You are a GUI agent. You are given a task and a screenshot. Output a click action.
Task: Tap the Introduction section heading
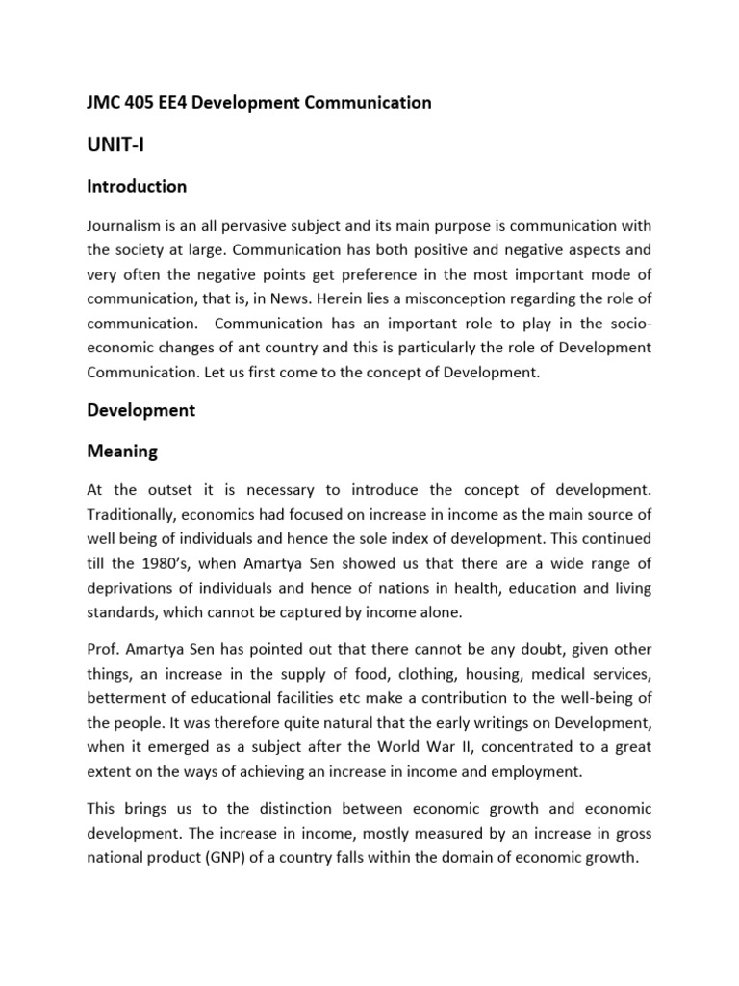(137, 186)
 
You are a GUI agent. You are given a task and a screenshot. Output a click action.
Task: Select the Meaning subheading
(122, 451)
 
